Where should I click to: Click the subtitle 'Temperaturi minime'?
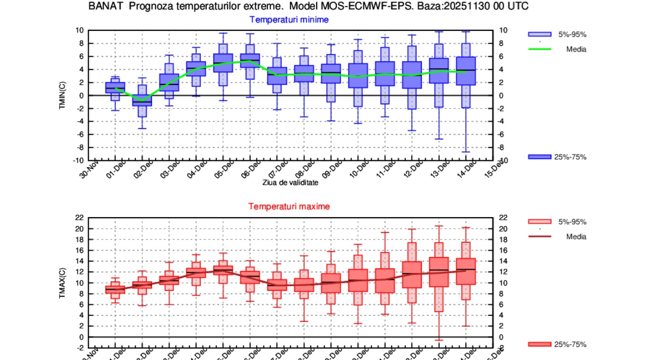coord(289,20)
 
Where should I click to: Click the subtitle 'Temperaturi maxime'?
coord(289,206)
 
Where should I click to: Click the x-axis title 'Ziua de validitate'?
coord(290,182)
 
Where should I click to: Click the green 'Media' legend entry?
coord(557,49)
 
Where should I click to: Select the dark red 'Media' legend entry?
coord(557,236)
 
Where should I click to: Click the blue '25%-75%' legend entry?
coord(557,157)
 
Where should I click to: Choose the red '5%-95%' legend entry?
coord(557,221)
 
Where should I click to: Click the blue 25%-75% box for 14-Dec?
coord(466,71)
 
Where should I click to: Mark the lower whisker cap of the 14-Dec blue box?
coord(466,152)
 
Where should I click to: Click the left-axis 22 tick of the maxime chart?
coord(80,218)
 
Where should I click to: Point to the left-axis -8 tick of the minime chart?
coord(80,148)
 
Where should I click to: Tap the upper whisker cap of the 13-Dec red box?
coord(439,226)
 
